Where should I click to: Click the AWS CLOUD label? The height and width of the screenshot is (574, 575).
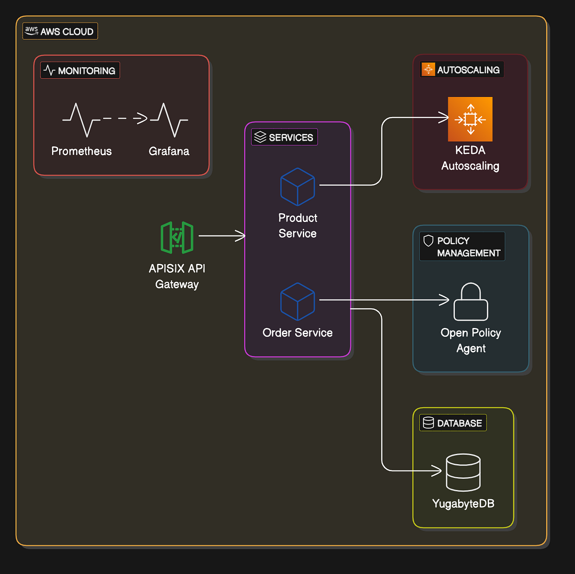coord(60,32)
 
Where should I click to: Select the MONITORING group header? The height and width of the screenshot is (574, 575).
coord(80,71)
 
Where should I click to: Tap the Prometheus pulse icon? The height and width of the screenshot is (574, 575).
coord(81,119)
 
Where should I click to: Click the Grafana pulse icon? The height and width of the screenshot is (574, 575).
coord(169,119)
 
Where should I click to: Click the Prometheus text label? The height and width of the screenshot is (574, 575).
coord(81,151)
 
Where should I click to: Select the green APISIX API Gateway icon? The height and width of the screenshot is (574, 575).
coord(177,237)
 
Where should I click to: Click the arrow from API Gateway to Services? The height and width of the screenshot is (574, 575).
coord(221,235)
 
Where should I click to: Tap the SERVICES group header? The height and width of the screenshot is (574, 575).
coord(284,138)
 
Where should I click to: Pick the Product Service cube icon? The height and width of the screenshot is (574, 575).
coord(298,187)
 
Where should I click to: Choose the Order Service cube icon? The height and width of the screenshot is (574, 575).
coord(298,302)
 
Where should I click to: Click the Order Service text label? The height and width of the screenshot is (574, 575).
coord(298,333)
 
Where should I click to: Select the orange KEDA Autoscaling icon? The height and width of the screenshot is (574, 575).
coord(470,119)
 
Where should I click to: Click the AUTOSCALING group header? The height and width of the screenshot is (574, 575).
coord(462,70)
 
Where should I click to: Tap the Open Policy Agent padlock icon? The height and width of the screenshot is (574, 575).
coord(471,302)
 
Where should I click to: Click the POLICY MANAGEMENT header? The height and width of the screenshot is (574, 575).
coord(462,246)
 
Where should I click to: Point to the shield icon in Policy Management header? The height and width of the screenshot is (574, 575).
coord(428,241)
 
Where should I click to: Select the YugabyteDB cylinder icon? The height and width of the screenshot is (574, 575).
coord(463,472)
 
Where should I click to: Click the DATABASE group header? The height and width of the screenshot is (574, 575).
coord(453,423)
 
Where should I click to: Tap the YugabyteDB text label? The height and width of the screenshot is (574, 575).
coord(463,504)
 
